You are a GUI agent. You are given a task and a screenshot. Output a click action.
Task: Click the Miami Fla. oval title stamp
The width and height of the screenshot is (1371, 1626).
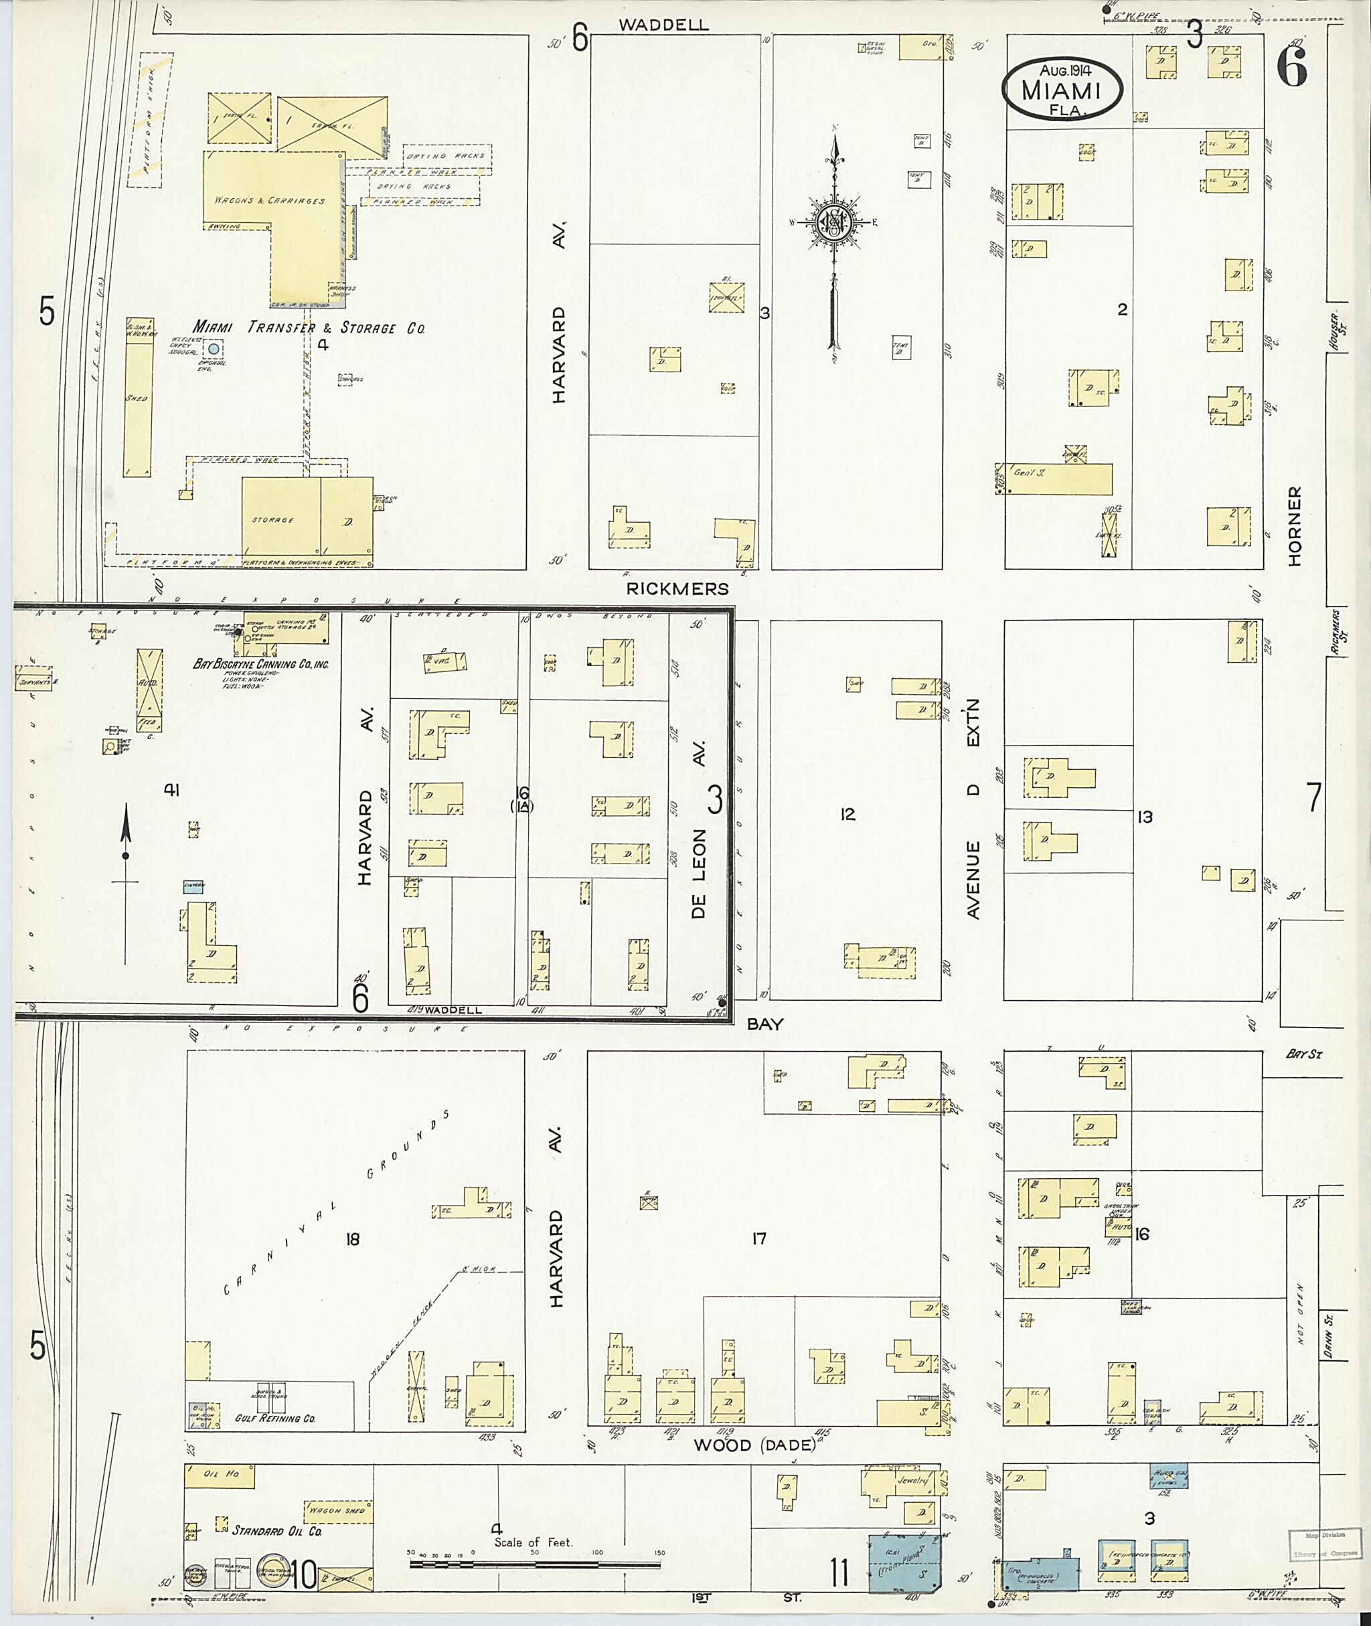1062,90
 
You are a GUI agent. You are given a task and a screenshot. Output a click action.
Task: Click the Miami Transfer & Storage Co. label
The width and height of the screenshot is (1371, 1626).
309,327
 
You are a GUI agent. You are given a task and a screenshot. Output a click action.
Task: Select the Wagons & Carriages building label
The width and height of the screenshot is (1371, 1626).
269,201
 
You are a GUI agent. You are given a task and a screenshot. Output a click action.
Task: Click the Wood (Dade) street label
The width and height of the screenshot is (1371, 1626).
754,1444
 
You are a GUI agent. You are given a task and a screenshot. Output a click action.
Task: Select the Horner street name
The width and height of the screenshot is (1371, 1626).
1294,526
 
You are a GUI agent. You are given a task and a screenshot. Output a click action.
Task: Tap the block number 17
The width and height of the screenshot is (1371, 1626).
758,1239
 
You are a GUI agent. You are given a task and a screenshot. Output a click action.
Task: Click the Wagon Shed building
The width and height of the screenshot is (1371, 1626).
337,1510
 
